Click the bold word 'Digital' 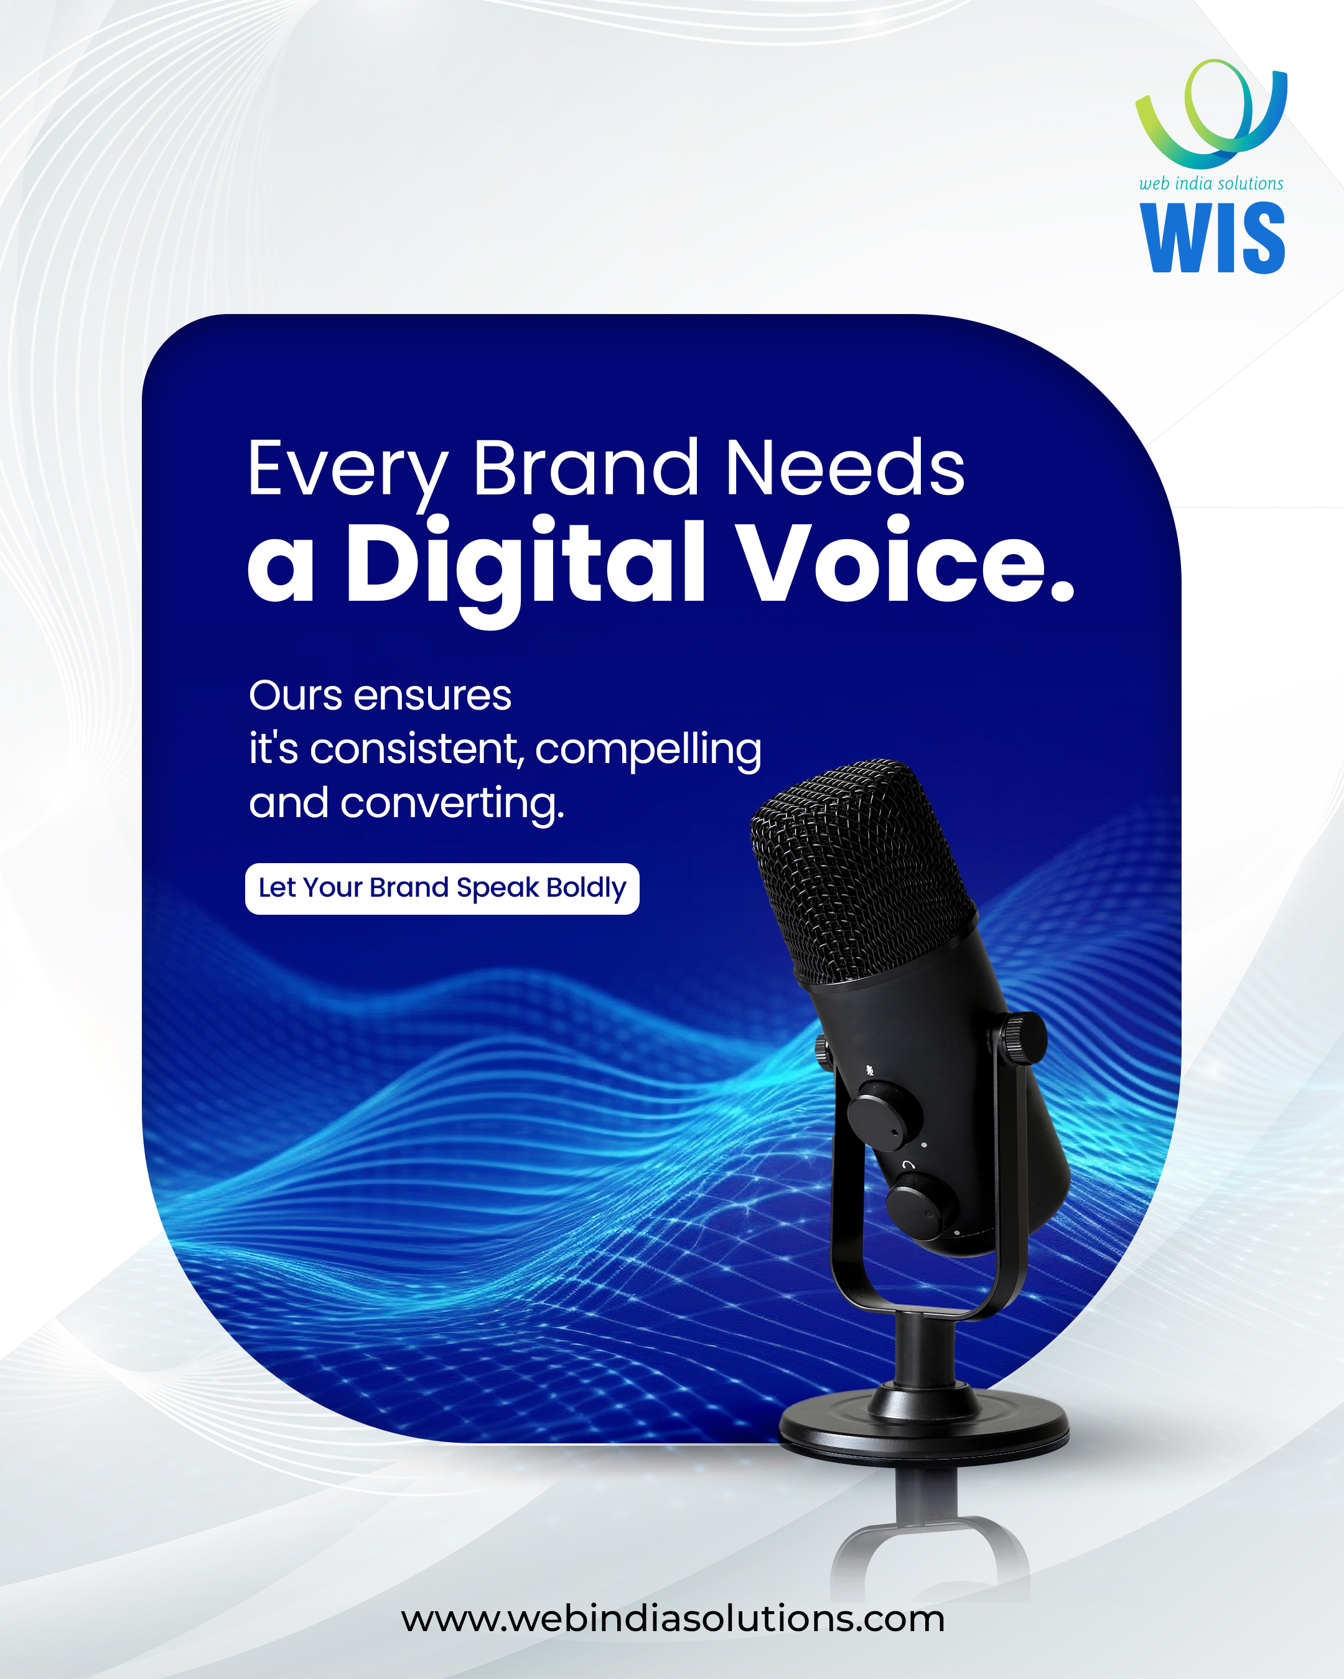(x=525, y=568)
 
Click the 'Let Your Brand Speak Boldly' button (x=442, y=889)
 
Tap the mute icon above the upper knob (x=869, y=1071)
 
